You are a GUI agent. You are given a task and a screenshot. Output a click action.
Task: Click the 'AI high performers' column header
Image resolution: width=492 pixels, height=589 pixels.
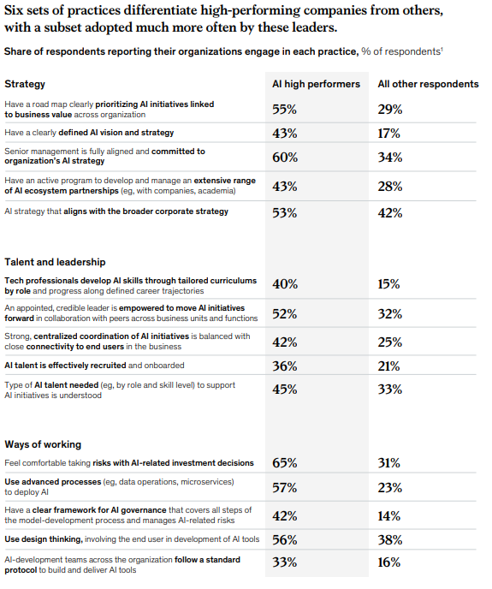coord(316,84)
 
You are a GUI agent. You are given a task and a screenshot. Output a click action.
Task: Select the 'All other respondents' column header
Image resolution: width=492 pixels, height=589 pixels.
coord(428,84)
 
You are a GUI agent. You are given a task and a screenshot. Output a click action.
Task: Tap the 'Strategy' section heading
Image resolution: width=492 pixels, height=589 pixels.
coord(25,84)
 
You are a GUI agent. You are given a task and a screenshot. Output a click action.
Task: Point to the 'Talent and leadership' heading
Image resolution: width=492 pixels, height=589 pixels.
coord(55,262)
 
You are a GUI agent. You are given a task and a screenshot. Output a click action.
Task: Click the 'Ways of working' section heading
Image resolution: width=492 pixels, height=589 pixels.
coord(43,444)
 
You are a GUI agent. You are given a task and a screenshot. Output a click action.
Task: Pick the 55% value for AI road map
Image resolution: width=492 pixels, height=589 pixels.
coord(285,110)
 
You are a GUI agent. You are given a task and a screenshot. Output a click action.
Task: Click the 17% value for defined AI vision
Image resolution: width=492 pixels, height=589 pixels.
coord(389,134)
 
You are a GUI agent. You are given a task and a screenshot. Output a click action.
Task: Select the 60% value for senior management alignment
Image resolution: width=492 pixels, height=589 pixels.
coord(285,157)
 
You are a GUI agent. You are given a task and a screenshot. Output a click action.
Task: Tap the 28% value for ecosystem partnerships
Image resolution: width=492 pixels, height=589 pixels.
coord(390,187)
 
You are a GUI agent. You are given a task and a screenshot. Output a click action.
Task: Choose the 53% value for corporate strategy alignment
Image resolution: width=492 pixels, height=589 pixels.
coord(285,213)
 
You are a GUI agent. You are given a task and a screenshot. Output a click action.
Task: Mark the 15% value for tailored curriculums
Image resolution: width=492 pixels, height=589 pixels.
coord(389,284)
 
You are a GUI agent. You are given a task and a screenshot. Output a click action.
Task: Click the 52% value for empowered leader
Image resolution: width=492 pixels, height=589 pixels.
coord(285,313)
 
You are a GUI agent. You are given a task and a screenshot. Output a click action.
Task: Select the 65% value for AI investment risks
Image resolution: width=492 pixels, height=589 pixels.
coord(285,463)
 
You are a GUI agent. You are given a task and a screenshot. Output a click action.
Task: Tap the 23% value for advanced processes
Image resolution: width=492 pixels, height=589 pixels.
coord(390,488)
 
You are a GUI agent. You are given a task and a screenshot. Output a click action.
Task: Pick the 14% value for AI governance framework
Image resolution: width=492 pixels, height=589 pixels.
coord(389,516)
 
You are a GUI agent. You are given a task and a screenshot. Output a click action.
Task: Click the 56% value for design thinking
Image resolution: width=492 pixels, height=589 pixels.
coord(285,540)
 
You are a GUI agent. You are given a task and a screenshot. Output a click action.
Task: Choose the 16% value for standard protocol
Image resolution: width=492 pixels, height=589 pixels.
coord(389,562)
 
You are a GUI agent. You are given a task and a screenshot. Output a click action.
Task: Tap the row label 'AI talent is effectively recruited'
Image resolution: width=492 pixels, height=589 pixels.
coord(65,366)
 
